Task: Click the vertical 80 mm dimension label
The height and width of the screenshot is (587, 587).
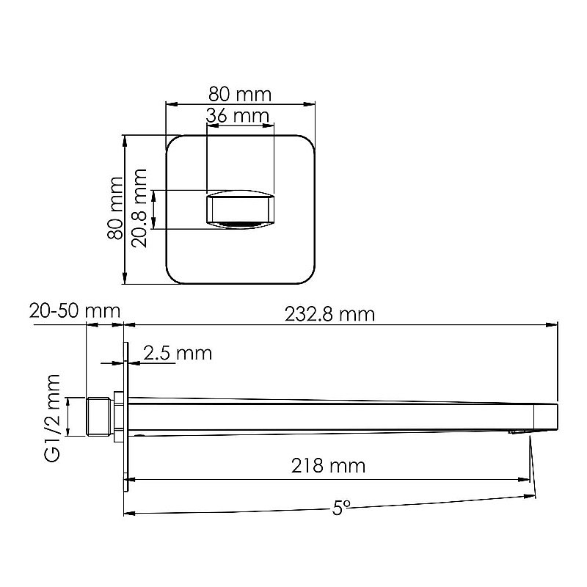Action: click(x=114, y=208)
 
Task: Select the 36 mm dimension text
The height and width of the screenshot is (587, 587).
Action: click(x=237, y=116)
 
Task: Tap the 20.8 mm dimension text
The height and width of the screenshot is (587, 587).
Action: click(x=139, y=208)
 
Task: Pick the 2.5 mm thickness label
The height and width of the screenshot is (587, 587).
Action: click(x=177, y=354)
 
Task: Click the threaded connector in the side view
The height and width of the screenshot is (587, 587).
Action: click(x=101, y=416)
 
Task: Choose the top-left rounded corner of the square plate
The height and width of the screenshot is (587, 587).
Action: click(x=173, y=142)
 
